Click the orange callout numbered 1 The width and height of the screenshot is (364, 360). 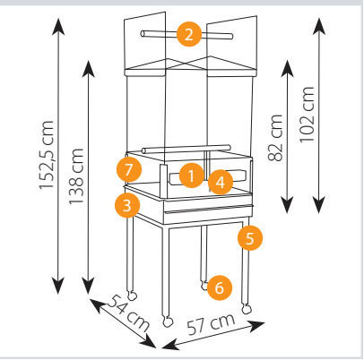pyautogui.click(x=192, y=176)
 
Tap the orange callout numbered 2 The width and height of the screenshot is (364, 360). pyautogui.click(x=189, y=35)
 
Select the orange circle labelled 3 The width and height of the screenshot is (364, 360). pyautogui.click(x=127, y=205)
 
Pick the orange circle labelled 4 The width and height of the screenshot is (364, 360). pyautogui.click(x=221, y=182)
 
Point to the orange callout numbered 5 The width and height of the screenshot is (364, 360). pyautogui.click(x=250, y=238)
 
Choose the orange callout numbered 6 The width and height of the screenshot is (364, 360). pyautogui.click(x=220, y=288)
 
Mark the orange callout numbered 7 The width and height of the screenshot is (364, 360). pyautogui.click(x=129, y=170)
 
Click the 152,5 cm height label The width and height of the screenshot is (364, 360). pyautogui.click(x=47, y=155)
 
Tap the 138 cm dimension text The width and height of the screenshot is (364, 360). pyautogui.click(x=76, y=176)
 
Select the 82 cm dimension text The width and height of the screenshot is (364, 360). pyautogui.click(x=275, y=138)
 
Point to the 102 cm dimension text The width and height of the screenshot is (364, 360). pyautogui.click(x=307, y=115)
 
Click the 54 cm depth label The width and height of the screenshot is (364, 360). pyautogui.click(x=127, y=313)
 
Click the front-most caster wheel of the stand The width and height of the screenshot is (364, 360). pyautogui.click(x=168, y=322)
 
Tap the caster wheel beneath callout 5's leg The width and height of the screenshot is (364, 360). pyautogui.click(x=247, y=309)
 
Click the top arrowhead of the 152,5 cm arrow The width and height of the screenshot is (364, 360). pyautogui.click(x=58, y=26)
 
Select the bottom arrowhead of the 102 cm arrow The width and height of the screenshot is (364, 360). pyautogui.click(x=319, y=205)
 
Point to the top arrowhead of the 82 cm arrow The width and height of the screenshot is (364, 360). pyautogui.click(x=288, y=69)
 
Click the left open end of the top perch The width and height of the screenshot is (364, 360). pyautogui.click(x=143, y=33)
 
